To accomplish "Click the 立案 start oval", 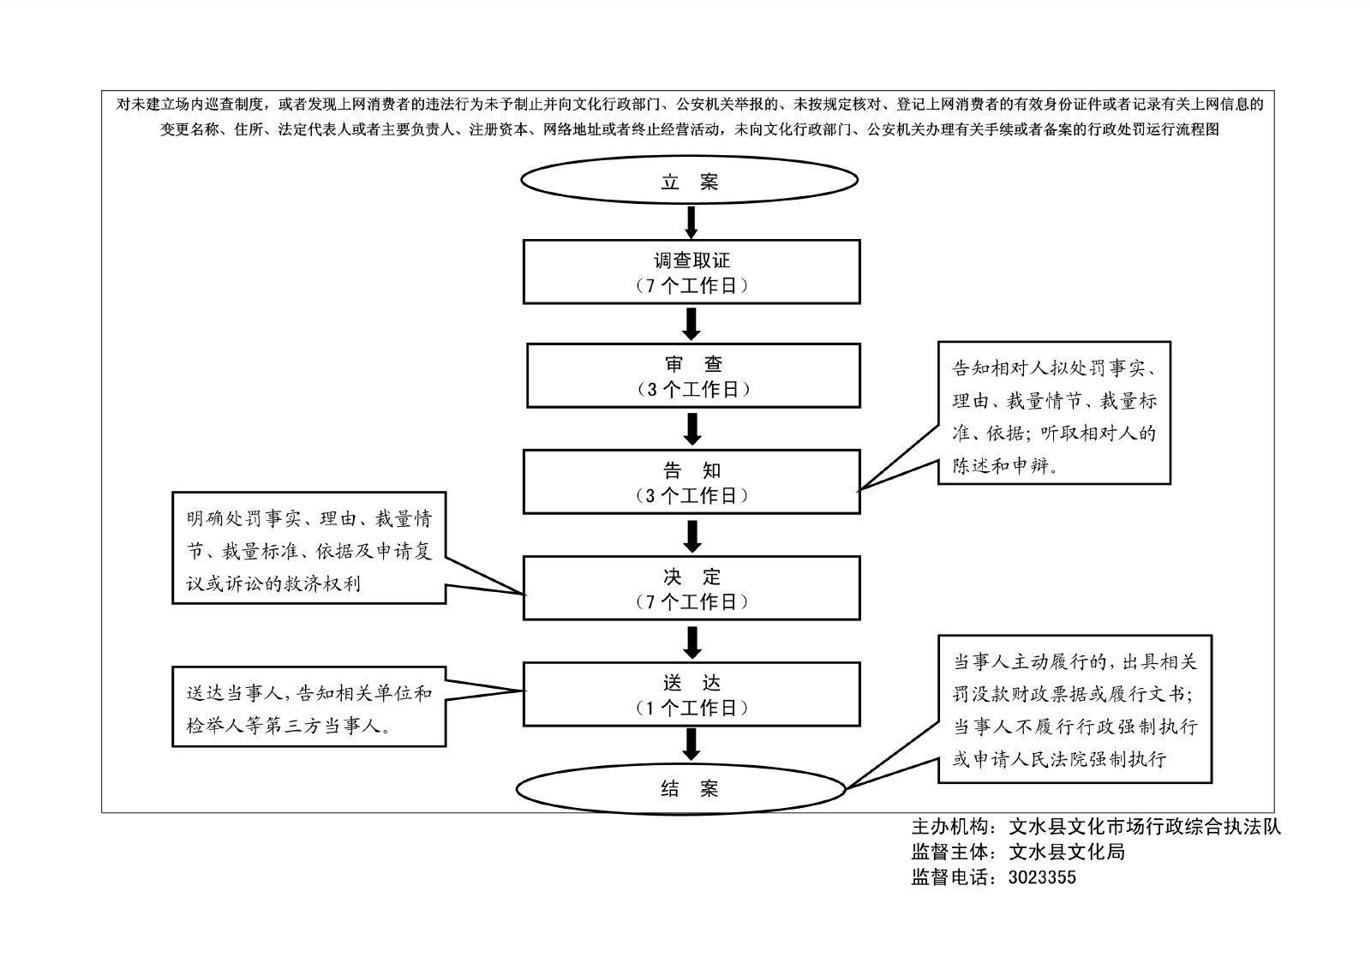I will click(x=690, y=181).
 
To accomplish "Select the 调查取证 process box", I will click(x=691, y=272).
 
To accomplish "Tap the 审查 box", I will click(x=693, y=375).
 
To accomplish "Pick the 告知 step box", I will click(x=691, y=482).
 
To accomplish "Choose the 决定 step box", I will click(x=691, y=588).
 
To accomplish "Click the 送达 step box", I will click(x=691, y=694).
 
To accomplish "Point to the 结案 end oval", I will click(x=681, y=789).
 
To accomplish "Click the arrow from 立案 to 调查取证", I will click(x=691, y=222).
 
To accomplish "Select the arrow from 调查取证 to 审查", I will click(x=691, y=323).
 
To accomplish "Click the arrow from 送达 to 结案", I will click(x=691, y=744).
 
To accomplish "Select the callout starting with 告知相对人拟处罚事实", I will click(x=1054, y=413).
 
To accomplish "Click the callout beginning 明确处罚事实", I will click(x=308, y=547).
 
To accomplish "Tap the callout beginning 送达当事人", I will click(x=308, y=707).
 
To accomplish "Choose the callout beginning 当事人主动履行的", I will click(x=1075, y=709).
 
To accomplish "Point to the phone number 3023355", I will click(x=1042, y=877).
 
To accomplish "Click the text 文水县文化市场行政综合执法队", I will click(x=1145, y=827).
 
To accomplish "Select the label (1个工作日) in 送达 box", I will click(x=691, y=708).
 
